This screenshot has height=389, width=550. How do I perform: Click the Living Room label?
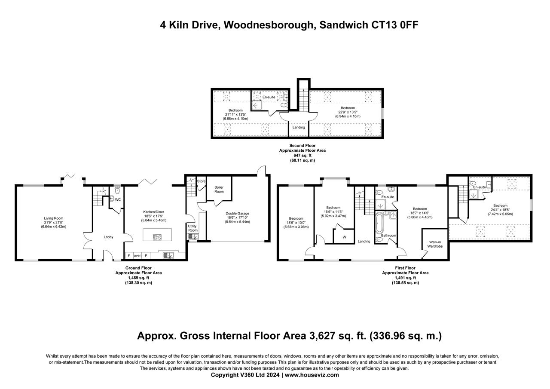(54, 218)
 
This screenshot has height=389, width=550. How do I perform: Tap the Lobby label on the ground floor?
(108, 237)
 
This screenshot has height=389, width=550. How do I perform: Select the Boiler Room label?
(219, 190)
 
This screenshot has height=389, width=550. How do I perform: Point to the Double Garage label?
(238, 213)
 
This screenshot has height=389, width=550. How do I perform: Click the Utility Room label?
(193, 228)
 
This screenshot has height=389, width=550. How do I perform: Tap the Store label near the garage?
(201, 181)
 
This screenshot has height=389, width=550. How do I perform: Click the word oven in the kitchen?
(137, 256)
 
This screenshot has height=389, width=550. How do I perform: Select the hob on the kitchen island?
(157, 237)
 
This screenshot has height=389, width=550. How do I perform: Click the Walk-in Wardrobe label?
(435, 244)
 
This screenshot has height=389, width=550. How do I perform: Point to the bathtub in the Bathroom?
(379, 223)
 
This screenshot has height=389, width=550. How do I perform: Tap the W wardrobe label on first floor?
(344, 237)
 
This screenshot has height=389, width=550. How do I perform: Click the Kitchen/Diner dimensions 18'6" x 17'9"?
(154, 216)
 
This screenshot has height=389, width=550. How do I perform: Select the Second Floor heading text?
(302, 146)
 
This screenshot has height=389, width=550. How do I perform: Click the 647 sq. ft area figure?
(302, 156)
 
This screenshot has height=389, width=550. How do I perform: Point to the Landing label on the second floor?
(299, 127)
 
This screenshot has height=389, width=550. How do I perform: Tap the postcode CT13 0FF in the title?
(394, 25)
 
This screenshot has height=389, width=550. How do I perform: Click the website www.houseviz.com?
(312, 375)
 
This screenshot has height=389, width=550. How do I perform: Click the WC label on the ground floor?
(118, 199)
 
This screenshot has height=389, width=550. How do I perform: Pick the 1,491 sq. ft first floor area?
(405, 278)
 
